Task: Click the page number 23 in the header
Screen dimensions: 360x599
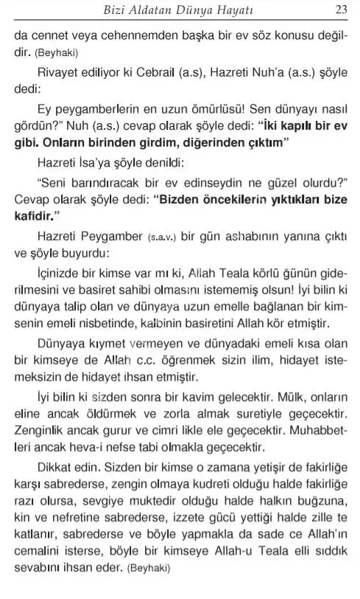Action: click(340, 10)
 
